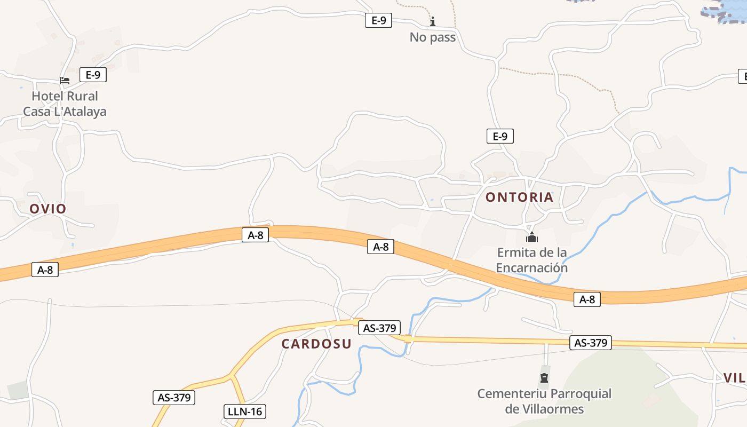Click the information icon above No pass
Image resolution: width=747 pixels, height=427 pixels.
(x=433, y=21)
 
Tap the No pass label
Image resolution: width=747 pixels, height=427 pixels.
(x=433, y=37)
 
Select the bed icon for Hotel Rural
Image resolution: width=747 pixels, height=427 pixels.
(x=65, y=81)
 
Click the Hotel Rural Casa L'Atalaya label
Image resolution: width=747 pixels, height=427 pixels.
(x=65, y=104)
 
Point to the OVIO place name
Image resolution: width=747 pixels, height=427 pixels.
(x=48, y=209)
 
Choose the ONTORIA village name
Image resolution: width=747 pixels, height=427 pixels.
(x=519, y=197)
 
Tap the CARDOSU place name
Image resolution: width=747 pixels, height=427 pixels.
(x=316, y=344)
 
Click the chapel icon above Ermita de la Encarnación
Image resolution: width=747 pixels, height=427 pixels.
(x=531, y=237)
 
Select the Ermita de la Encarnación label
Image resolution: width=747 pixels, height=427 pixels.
(x=531, y=260)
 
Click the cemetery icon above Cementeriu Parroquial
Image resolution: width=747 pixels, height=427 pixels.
(x=544, y=378)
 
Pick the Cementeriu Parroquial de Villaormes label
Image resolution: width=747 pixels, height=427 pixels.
(x=544, y=401)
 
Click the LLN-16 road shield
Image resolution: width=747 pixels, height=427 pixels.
(x=244, y=412)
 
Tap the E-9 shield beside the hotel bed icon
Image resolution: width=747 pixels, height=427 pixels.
(x=93, y=75)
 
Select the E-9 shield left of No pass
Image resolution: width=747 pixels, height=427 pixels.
(x=378, y=21)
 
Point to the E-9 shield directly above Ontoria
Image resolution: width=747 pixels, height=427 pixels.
(x=500, y=136)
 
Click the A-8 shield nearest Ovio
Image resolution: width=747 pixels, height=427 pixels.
(x=45, y=270)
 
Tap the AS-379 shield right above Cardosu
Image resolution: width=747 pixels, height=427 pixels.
(x=379, y=328)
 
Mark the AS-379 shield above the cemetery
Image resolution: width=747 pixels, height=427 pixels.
(x=590, y=343)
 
